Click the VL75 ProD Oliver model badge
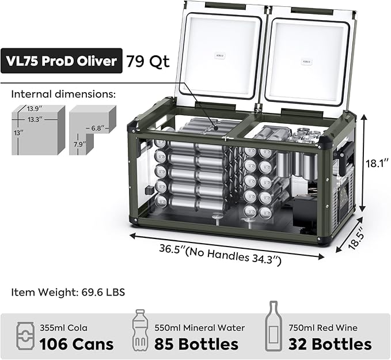click(x=62, y=61)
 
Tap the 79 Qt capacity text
click(x=148, y=61)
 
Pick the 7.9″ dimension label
click(x=79, y=145)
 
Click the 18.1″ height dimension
click(x=377, y=164)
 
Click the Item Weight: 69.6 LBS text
click(x=68, y=292)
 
